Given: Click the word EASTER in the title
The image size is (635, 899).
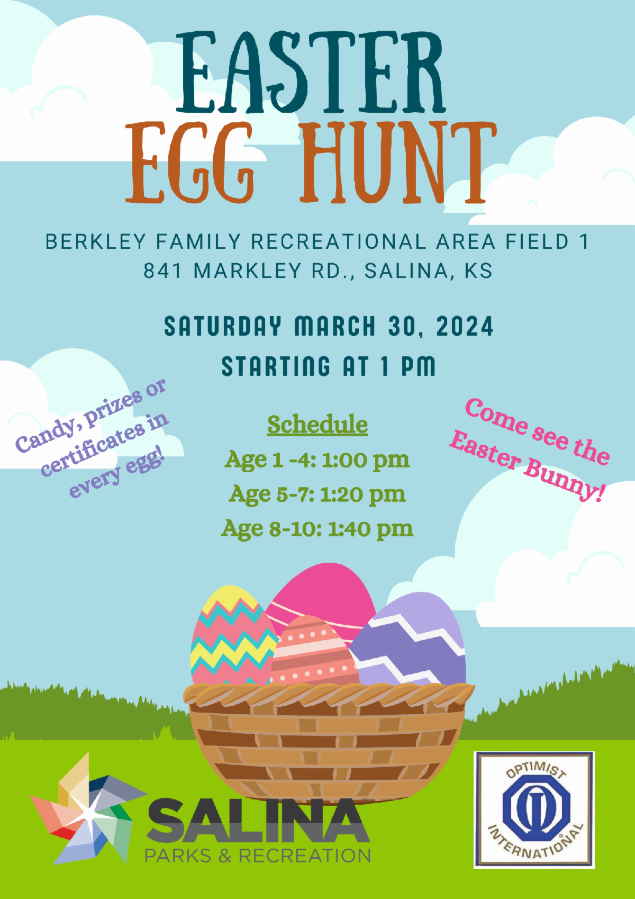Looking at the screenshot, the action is [312, 71].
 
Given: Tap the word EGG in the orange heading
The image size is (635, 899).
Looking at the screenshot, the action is [190, 162].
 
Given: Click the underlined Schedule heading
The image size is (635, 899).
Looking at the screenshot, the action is [317, 425].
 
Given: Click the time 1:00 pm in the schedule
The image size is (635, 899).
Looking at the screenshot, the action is [366, 460].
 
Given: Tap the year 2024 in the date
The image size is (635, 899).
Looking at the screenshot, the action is [465, 326].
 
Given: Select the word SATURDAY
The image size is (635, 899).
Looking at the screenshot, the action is [223, 326].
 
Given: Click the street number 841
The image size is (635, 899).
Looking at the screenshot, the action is [163, 271].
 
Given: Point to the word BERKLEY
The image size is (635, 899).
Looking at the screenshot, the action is [95, 241].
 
